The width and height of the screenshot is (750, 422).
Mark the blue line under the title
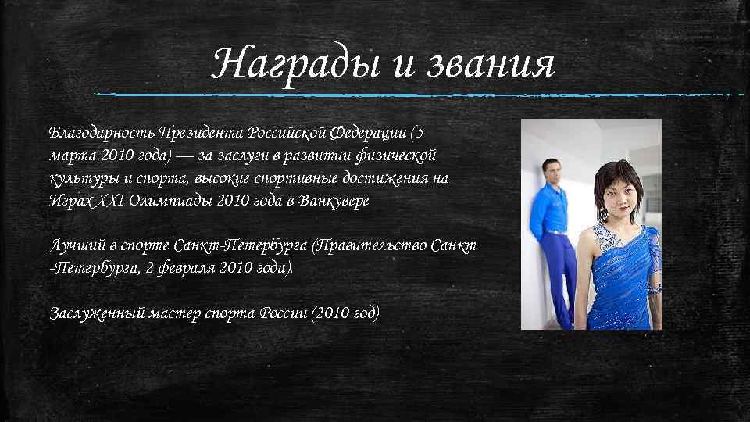[422, 95]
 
